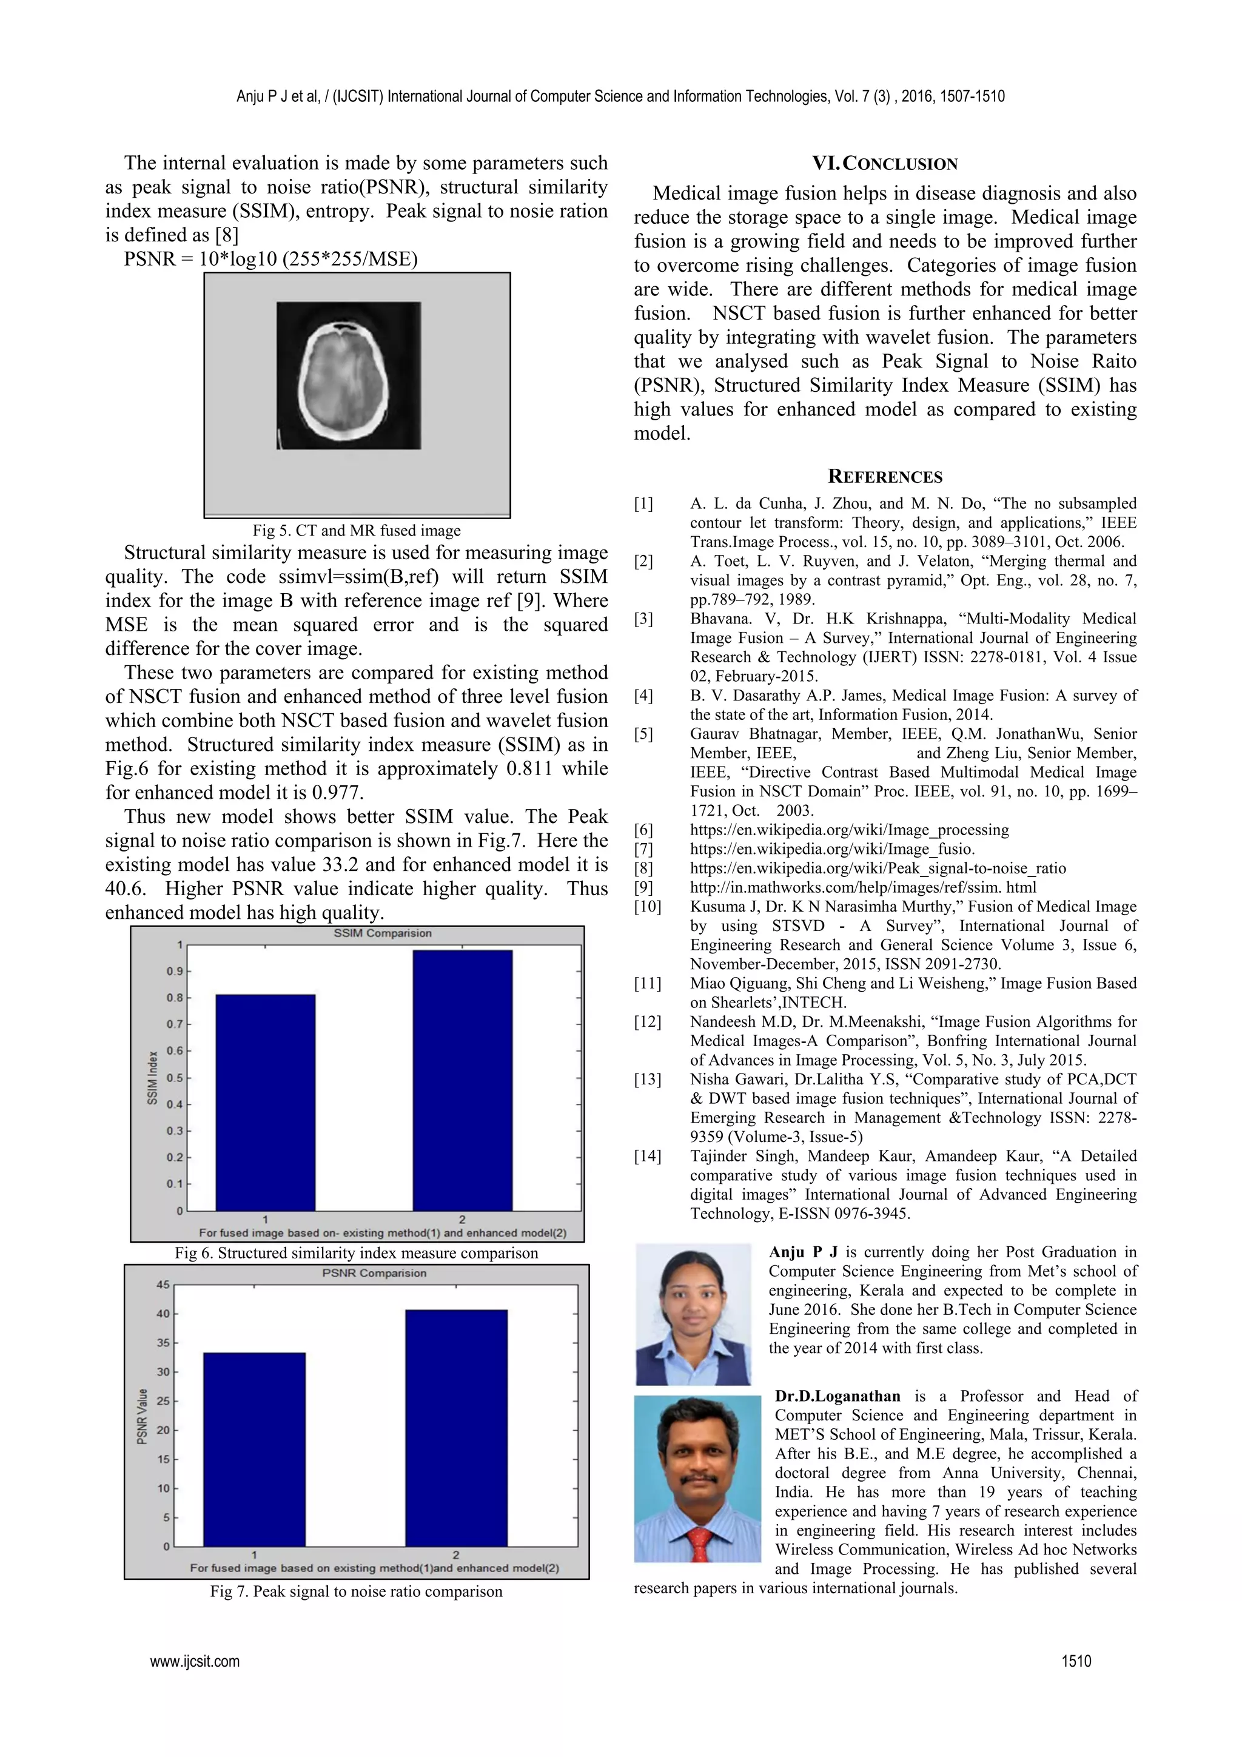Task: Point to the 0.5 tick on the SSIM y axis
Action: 176,1078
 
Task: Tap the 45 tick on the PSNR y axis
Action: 163,1285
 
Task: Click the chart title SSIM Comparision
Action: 382,933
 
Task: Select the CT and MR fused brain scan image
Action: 348,375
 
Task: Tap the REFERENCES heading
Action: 885,477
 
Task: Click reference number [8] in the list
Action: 643,868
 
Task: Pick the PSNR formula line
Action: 271,260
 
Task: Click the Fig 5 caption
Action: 357,530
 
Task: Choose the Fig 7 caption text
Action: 357,1591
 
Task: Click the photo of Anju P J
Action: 693,1315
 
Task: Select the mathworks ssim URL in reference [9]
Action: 862,888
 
